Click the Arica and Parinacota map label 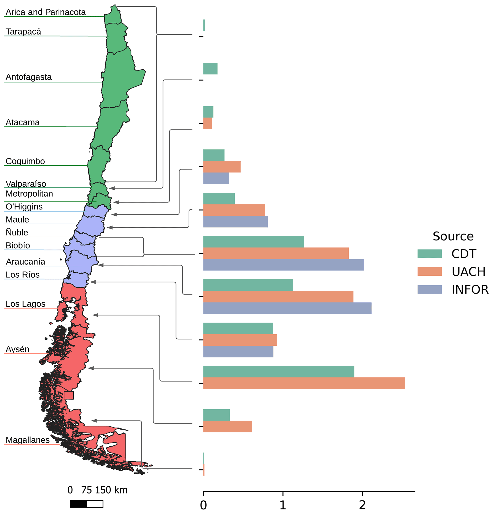46,12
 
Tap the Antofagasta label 29,77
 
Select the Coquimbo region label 25,161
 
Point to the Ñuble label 17,232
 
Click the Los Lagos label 26,304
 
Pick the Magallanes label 28,440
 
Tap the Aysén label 18,349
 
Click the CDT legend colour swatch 429,254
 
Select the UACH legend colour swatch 429,271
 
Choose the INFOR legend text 470,290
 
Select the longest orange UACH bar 304,383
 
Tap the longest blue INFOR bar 287,308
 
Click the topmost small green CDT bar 204,25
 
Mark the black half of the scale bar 78,504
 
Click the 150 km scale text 111,490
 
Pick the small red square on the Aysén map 69,395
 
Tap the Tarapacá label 23,31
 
